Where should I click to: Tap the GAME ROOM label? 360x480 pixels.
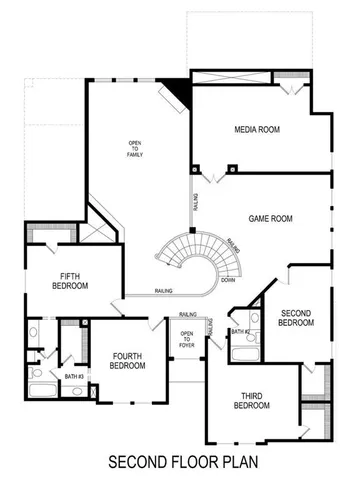pos(270,217)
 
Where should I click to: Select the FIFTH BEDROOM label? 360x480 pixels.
pos(70,281)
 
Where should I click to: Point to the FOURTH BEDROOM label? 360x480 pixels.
pos(127,360)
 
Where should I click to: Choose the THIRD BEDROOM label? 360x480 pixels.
pos(251,400)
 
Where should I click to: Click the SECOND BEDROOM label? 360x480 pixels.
pos(296,317)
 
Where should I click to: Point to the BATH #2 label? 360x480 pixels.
pos(240,330)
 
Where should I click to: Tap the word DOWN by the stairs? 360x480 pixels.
pos(228,280)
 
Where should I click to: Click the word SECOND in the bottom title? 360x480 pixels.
pos(139,463)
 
